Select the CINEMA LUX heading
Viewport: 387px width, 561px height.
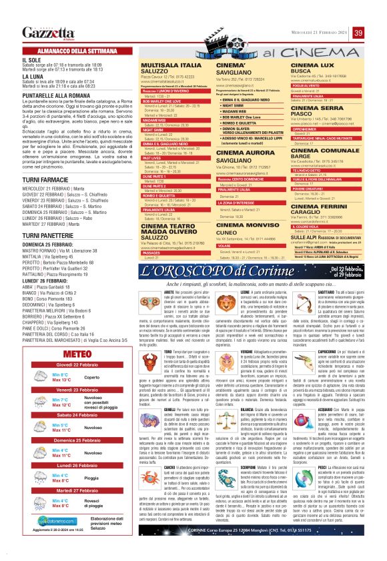click(314, 65)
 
